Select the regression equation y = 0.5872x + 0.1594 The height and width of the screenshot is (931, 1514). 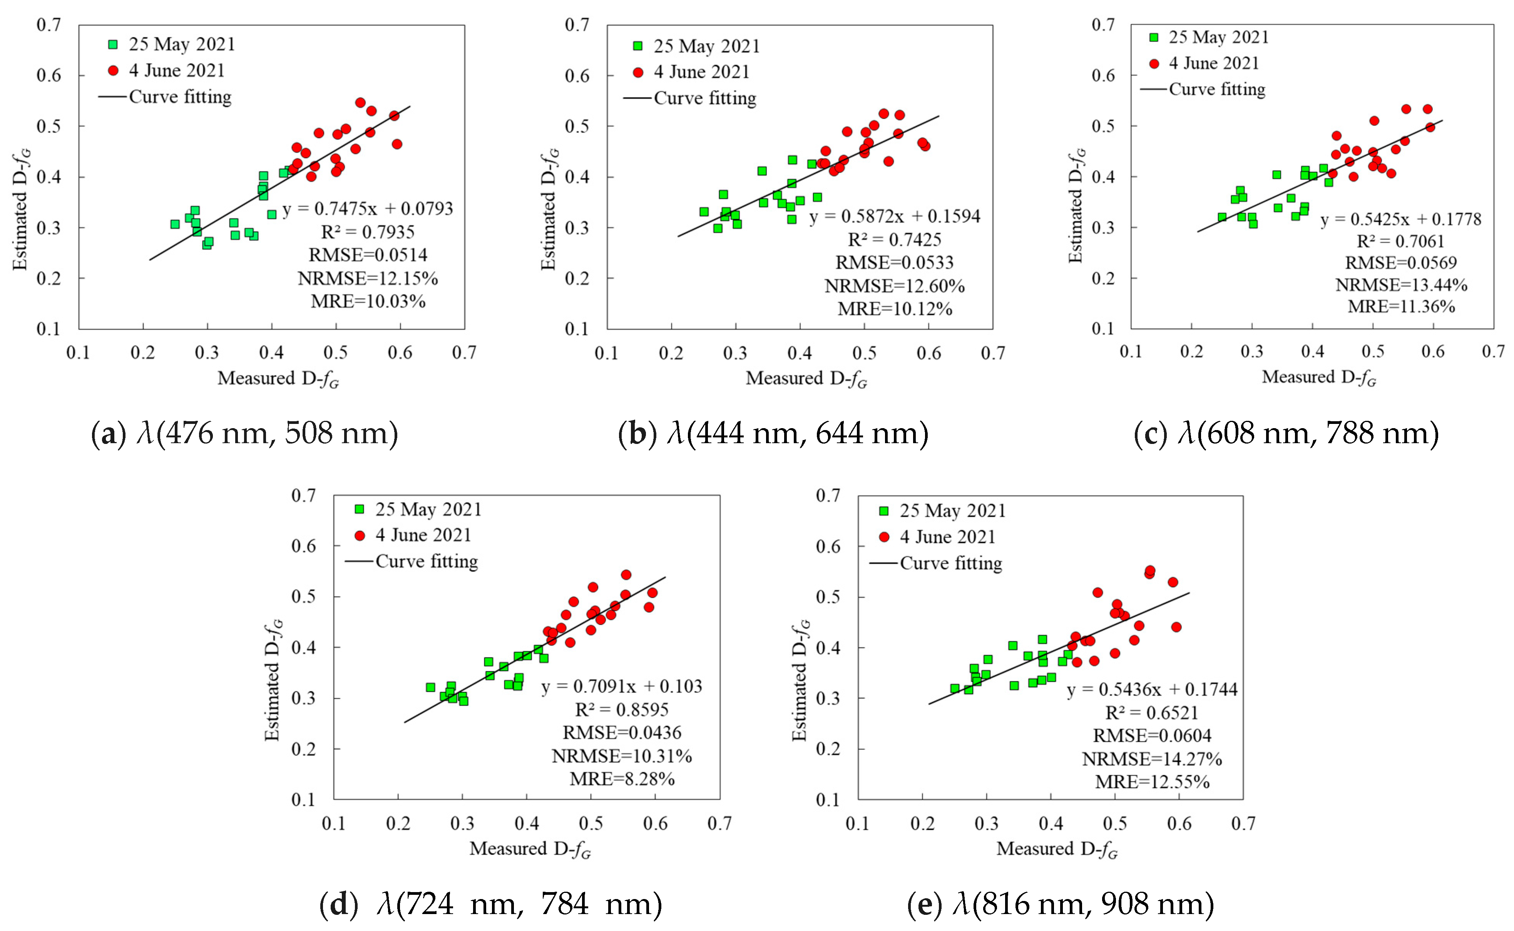point(894,216)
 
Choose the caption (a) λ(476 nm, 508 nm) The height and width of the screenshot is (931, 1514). point(244,434)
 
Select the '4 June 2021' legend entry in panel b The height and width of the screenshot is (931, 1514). point(701,72)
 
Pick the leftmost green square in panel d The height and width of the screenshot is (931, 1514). point(430,687)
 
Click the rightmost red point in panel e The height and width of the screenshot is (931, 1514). point(1176,627)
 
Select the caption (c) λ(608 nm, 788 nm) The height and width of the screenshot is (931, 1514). point(1286,434)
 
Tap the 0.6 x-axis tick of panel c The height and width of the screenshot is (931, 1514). point(1433,352)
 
